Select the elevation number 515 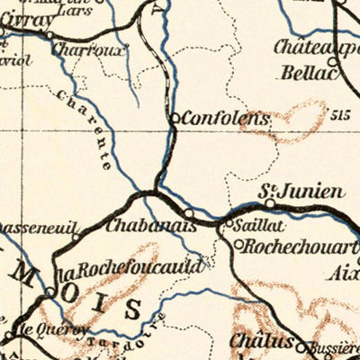tap(338, 115)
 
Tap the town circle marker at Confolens tap(175, 117)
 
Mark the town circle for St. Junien tap(269, 203)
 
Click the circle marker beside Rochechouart tap(238, 243)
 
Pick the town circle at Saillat tap(229, 220)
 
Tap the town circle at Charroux tap(49, 36)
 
